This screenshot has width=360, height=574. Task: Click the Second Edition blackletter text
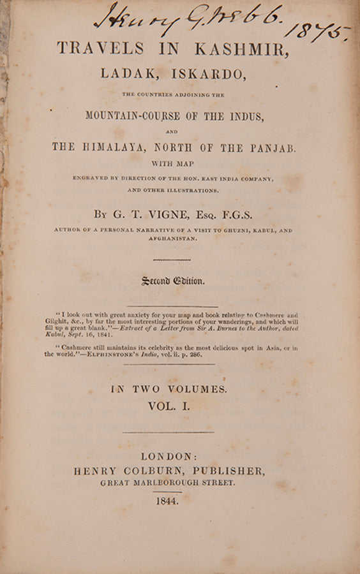(173, 281)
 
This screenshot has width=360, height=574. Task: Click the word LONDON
(167, 457)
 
